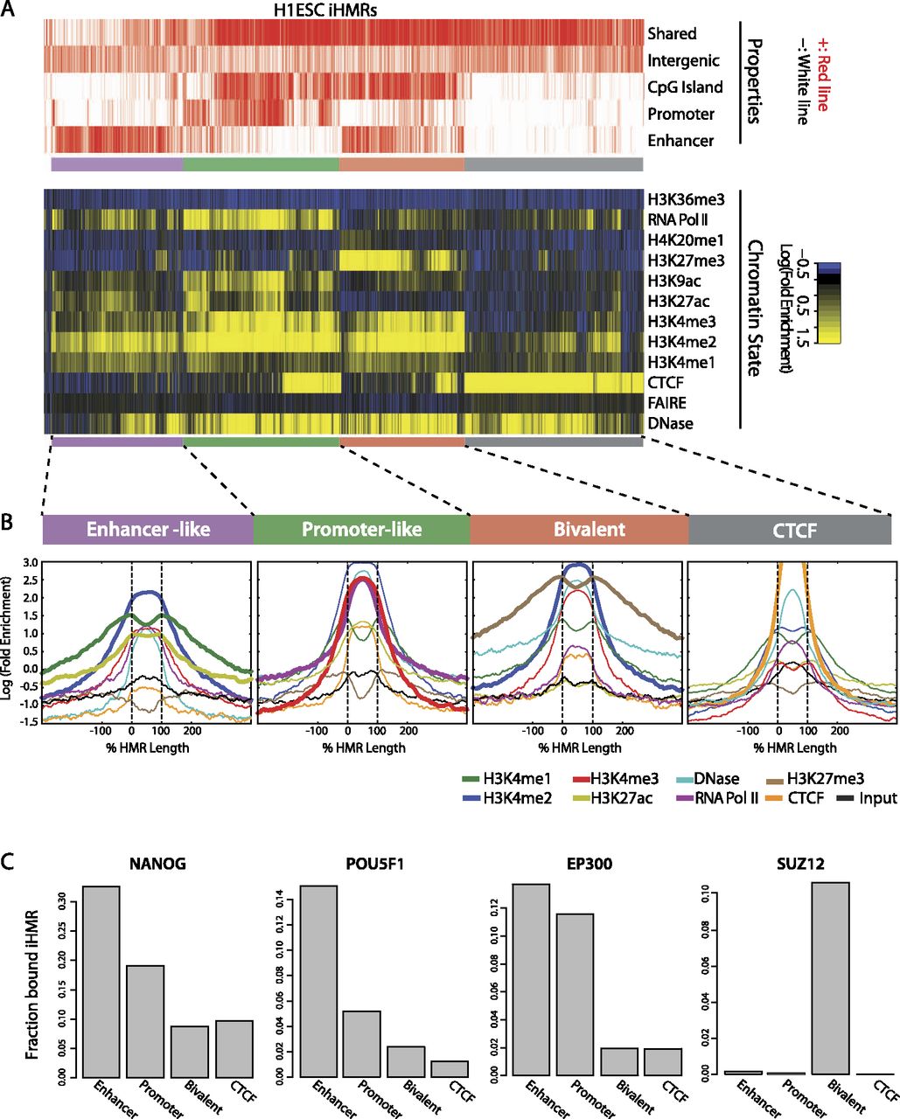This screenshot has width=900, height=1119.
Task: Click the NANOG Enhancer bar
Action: click(114, 980)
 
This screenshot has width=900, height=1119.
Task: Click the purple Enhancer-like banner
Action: click(148, 530)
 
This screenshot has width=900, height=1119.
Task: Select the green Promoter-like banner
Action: click(361, 530)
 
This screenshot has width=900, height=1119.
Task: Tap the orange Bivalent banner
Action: click(579, 530)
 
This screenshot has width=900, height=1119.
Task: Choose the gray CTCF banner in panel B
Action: click(790, 530)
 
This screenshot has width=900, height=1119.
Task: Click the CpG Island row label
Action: click(685, 87)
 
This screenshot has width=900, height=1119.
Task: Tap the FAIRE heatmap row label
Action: click(666, 405)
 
